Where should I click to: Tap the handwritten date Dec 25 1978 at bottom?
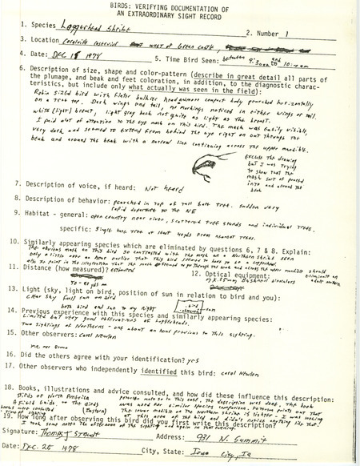(70, 453)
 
